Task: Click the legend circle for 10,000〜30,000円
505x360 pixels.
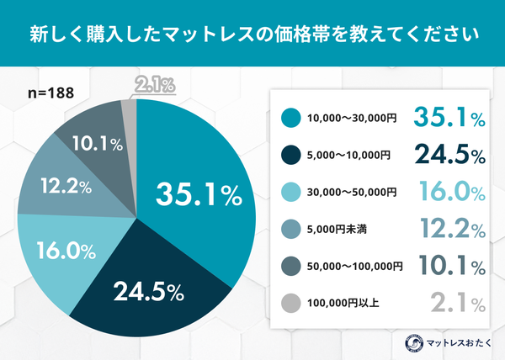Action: [x=290, y=119]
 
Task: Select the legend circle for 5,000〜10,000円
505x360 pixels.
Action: [x=290, y=156]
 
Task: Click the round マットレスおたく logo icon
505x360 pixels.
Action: [x=413, y=342]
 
